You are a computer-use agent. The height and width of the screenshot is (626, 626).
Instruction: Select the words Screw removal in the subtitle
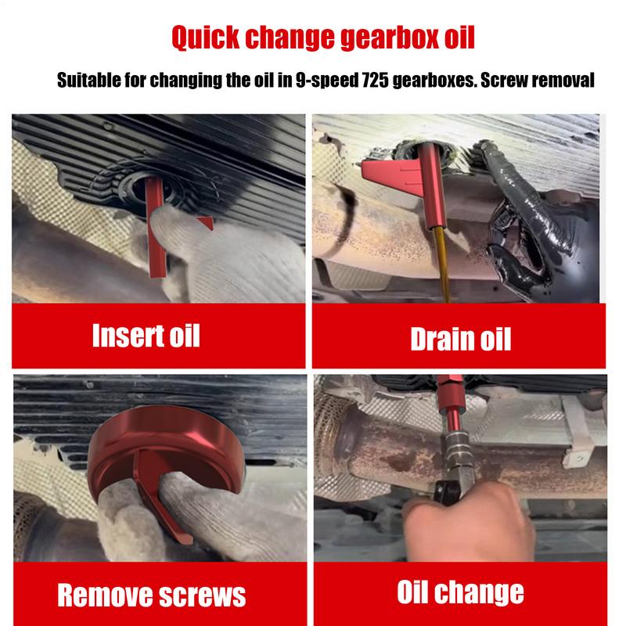(549, 80)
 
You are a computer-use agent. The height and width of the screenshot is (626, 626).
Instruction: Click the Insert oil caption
(146, 334)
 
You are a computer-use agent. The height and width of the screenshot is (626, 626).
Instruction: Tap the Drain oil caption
(460, 339)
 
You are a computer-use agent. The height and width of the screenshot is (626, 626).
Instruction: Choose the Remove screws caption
(152, 595)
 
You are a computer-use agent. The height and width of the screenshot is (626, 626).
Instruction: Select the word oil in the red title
(454, 37)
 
